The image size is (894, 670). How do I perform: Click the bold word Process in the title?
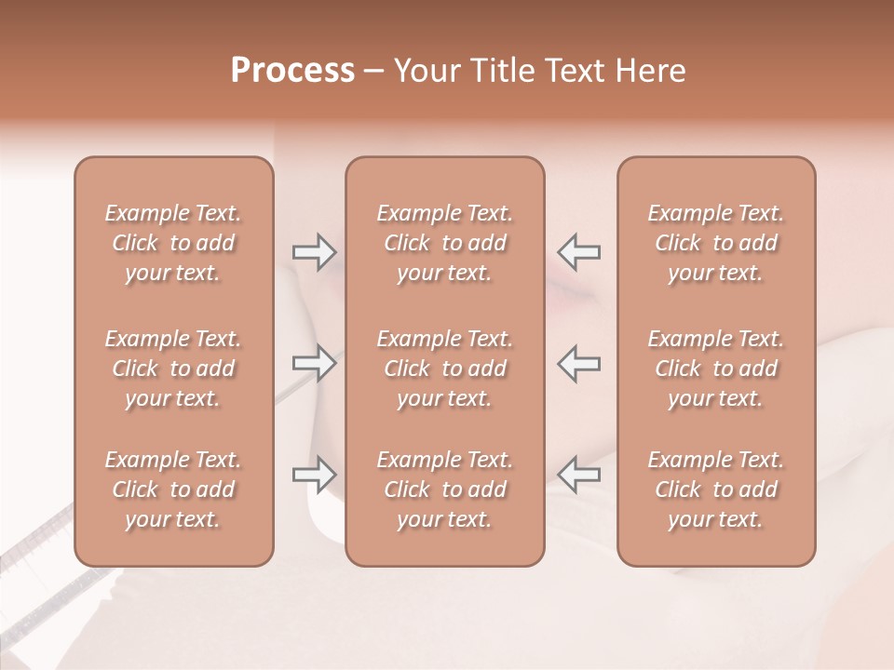292,71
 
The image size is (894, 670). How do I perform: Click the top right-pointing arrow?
315,251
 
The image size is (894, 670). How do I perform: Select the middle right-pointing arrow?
315,363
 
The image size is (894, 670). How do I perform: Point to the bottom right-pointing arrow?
315,474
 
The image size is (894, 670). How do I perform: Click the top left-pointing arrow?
579,251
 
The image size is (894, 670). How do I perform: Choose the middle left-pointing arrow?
579,363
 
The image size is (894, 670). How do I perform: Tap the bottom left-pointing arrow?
579,474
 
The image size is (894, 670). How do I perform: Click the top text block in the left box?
173,243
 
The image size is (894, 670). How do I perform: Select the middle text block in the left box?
173,368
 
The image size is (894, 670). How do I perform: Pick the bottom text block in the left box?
173,489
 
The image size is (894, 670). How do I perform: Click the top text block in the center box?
445,243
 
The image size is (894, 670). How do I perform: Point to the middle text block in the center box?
445,368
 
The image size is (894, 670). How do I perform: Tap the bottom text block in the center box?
445,489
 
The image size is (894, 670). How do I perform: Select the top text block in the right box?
716,243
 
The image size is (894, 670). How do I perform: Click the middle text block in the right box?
716,368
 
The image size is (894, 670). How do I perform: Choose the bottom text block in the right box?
716,489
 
